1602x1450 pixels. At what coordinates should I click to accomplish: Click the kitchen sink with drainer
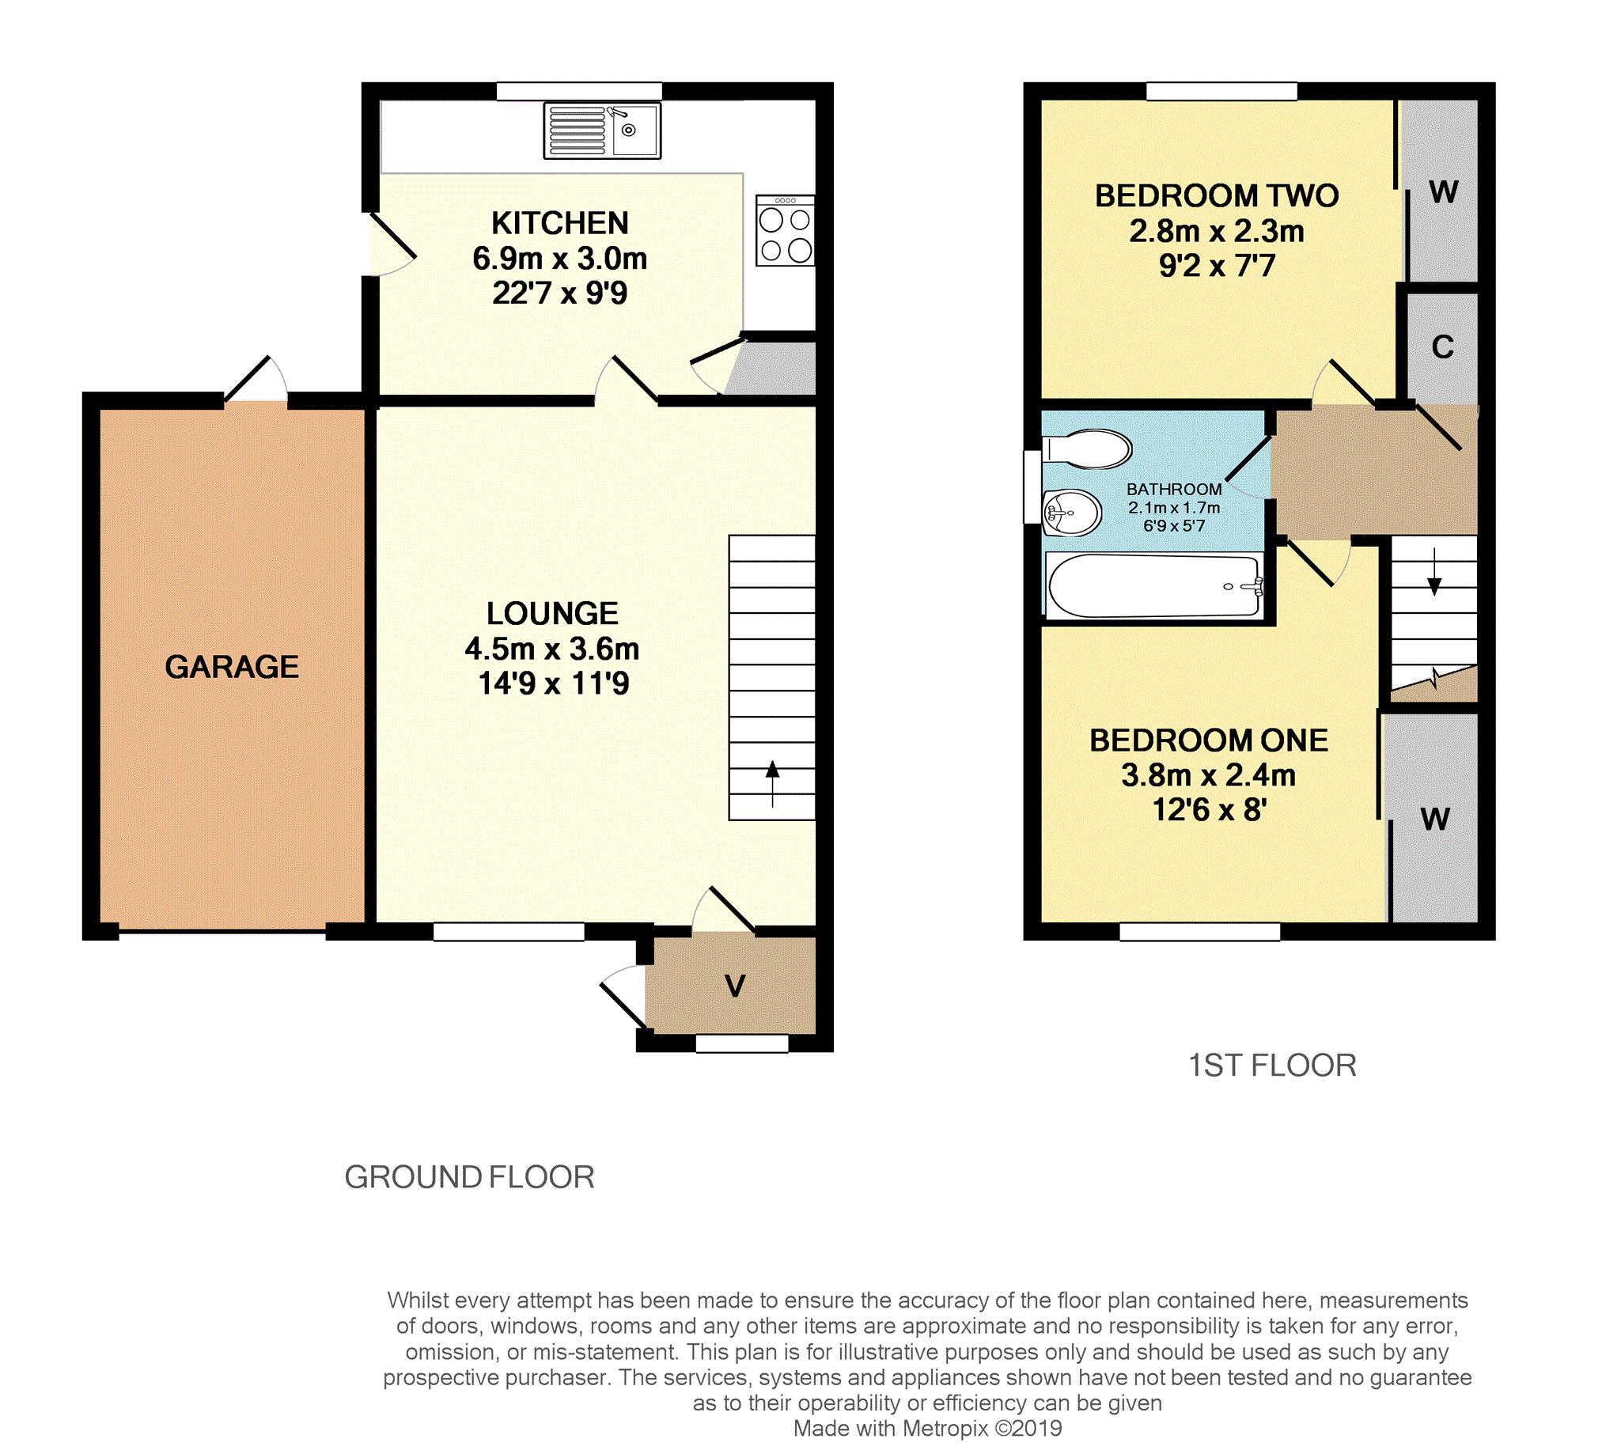point(602,131)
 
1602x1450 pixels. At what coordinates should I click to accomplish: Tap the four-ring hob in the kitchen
point(785,230)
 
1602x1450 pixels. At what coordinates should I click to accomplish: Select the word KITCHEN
point(560,223)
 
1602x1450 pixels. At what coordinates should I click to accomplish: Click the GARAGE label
point(232,667)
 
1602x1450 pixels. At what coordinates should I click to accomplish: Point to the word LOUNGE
point(552,613)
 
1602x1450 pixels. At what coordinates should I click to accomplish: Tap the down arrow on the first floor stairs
point(1434,572)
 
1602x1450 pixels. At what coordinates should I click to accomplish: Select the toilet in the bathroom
point(1087,449)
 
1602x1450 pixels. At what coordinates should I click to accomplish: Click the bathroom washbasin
point(1072,513)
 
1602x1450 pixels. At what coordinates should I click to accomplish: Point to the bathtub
point(1153,586)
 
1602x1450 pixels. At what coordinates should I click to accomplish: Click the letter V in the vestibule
point(735,986)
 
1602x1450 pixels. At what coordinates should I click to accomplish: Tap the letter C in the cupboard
point(1443,347)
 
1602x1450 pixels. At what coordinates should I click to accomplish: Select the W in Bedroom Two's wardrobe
point(1444,191)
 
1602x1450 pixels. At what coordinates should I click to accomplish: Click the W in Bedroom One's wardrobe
point(1435,819)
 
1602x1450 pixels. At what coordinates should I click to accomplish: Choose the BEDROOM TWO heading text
point(1217,195)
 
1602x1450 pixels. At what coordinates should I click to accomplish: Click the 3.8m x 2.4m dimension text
point(1209,774)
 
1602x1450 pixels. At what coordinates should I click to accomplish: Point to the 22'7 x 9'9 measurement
point(559,293)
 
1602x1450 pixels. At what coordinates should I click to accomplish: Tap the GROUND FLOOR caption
point(470,1176)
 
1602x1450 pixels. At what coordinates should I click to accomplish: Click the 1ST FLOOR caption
point(1272,1066)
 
